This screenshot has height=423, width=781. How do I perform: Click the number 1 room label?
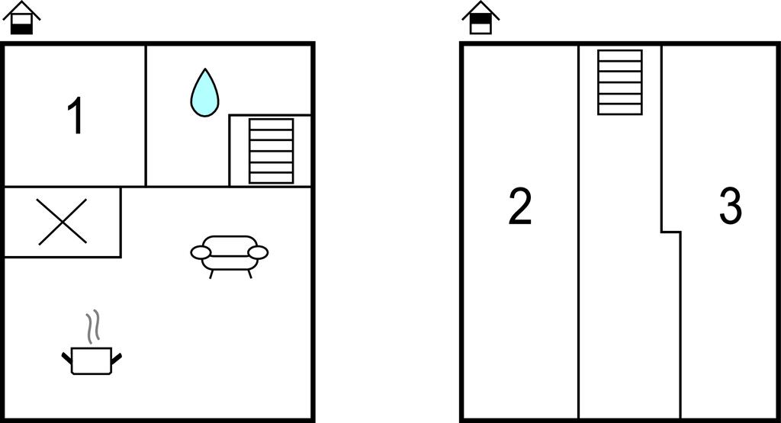(x=76, y=116)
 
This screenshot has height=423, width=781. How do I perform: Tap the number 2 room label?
(x=520, y=206)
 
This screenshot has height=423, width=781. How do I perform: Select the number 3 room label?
(x=731, y=206)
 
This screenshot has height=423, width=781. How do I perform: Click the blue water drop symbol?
(x=204, y=92)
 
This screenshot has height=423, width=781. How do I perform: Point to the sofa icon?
(x=229, y=256)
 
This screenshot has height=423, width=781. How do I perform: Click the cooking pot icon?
(x=92, y=361)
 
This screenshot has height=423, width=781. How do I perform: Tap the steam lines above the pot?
(x=92, y=326)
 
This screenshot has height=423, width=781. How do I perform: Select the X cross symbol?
(x=63, y=222)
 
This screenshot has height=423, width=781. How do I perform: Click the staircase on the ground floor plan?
(x=271, y=151)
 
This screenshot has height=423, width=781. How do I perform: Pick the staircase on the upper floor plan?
(x=620, y=82)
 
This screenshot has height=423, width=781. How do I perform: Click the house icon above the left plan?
(x=21, y=18)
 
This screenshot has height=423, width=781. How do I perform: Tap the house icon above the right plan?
(x=480, y=18)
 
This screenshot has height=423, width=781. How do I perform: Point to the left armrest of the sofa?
(x=201, y=252)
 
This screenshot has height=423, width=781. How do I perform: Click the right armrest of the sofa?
(x=258, y=253)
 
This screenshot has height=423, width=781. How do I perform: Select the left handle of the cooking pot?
(x=67, y=357)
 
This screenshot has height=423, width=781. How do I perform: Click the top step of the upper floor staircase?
(x=620, y=55)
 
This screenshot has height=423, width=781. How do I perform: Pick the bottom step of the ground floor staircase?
(x=271, y=178)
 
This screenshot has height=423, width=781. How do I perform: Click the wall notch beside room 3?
(x=671, y=232)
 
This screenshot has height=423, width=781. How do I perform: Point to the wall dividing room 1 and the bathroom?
(x=146, y=115)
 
